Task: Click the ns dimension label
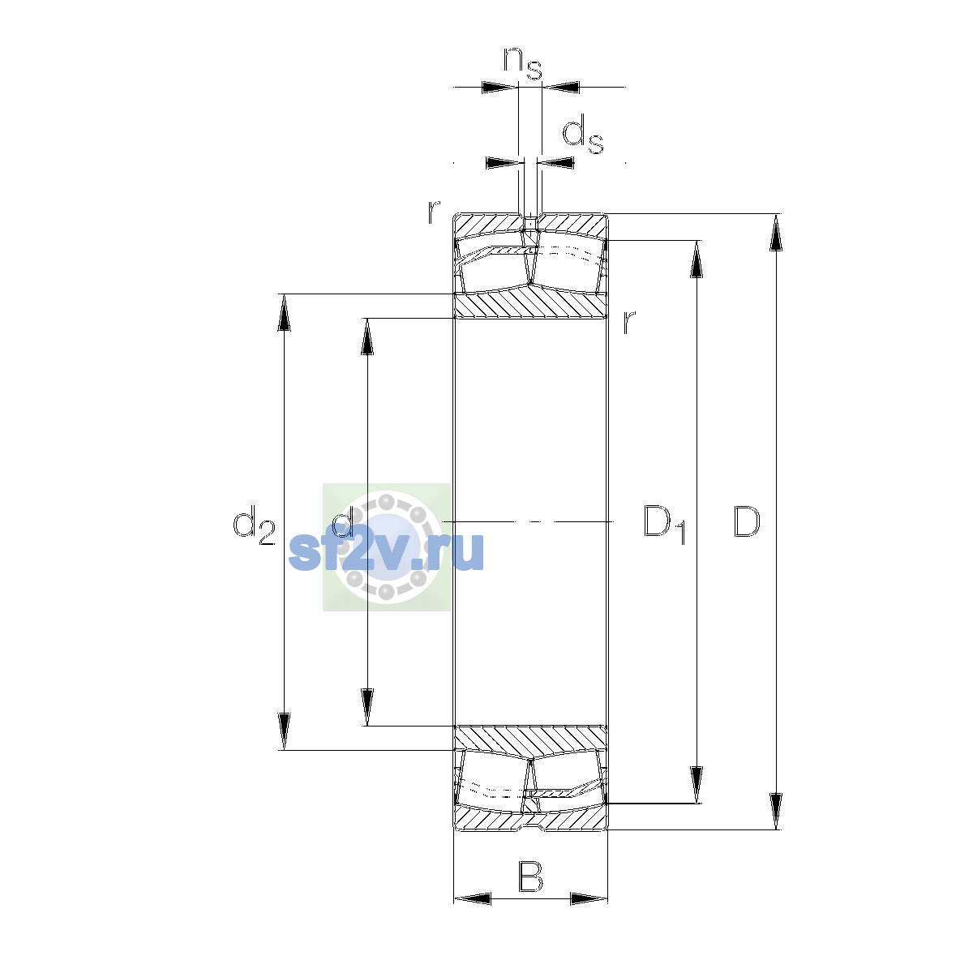pyautogui.click(x=523, y=63)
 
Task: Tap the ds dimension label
pyautogui.click(x=583, y=135)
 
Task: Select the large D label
pyautogui.click(x=746, y=521)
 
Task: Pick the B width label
pyautogui.click(x=530, y=877)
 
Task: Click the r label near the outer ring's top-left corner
pyautogui.click(x=434, y=212)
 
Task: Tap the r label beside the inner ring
pyautogui.click(x=628, y=322)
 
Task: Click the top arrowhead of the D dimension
pyautogui.click(x=776, y=232)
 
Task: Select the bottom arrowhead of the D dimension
pyautogui.click(x=776, y=812)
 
